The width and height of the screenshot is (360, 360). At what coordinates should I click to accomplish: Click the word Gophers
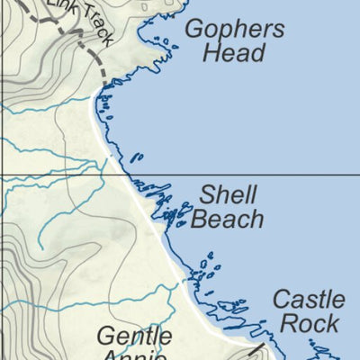pyautogui.click(x=234, y=29)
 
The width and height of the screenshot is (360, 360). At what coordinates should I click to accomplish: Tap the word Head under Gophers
pyautogui.click(x=233, y=52)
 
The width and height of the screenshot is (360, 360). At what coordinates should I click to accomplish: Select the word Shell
pyautogui.click(x=229, y=194)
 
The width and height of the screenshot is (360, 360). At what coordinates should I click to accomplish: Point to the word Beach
pyautogui.click(x=228, y=219)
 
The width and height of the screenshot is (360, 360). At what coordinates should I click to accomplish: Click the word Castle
pyautogui.click(x=308, y=299)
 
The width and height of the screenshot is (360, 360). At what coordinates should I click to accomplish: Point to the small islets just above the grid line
pyautogui.click(x=137, y=158)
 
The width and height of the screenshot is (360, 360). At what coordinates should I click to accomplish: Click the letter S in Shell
pyautogui.click(x=207, y=194)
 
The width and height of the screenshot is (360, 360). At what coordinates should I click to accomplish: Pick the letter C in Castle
pyautogui.click(x=280, y=299)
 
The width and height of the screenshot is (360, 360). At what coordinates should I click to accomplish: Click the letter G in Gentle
pyautogui.click(x=105, y=338)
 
